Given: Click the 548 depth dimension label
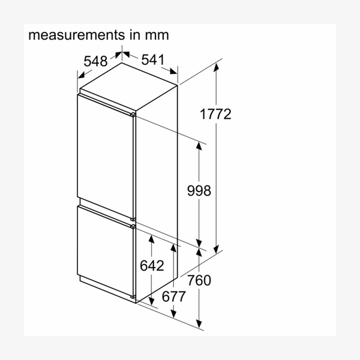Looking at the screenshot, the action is point(95,61).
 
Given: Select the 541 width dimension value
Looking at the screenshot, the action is point(153,59).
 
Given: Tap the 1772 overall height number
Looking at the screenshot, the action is point(215,114).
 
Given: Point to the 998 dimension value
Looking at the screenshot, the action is point(199,191).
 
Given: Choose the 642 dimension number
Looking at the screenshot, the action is point(152,265).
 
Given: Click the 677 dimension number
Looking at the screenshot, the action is point(173,296).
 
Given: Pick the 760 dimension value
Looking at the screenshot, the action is point(199,280).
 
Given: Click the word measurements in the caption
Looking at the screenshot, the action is point(76,35).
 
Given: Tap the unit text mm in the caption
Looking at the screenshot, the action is point(157,36).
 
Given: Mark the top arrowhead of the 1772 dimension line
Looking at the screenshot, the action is point(216,67).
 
